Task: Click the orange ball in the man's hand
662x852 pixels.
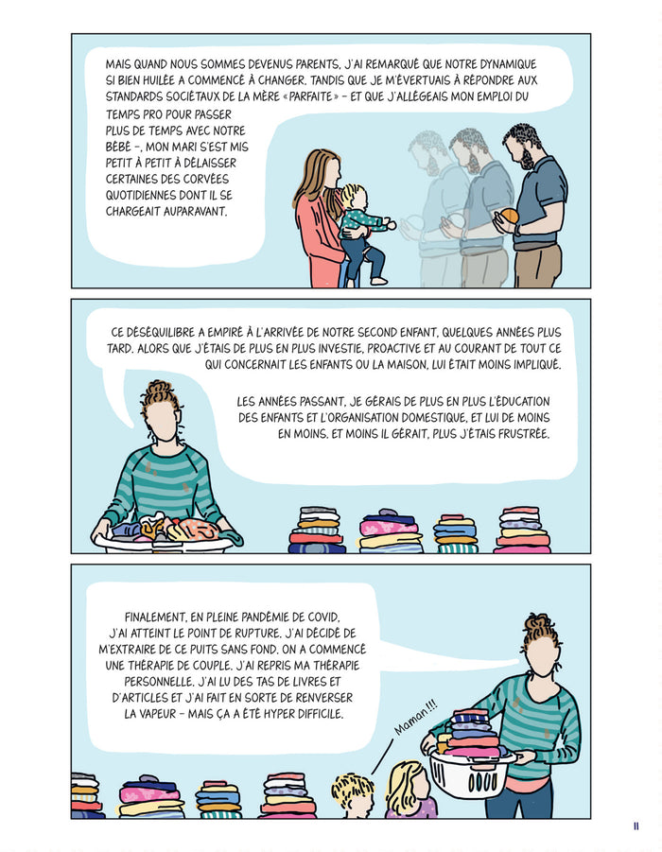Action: tap(510, 216)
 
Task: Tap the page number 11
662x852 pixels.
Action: tap(636, 826)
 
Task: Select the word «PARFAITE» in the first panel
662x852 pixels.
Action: tap(311, 96)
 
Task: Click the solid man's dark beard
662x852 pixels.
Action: tap(526, 159)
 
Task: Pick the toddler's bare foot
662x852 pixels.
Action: tap(379, 281)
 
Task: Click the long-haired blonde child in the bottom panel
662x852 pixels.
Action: tap(409, 790)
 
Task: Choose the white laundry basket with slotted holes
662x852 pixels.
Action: tap(468, 772)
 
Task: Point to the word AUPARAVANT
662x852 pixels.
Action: tap(165, 212)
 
